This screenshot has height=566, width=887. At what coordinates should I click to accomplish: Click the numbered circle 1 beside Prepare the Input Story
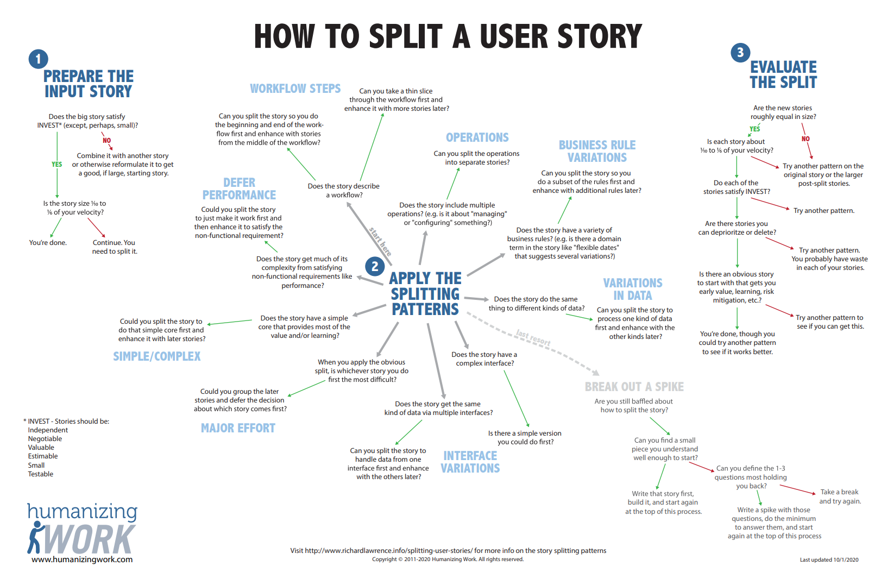coord(38,59)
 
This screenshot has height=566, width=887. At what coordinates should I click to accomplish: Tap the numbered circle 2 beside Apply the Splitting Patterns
coord(375,266)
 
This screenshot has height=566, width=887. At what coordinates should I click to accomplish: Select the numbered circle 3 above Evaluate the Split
coord(740,53)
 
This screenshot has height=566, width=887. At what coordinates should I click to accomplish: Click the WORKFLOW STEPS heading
coord(295,89)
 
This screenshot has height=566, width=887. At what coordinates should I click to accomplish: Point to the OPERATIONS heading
coord(477,137)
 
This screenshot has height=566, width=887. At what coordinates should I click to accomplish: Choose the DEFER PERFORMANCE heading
coord(239,188)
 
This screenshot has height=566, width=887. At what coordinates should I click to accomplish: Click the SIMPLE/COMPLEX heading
coord(156,356)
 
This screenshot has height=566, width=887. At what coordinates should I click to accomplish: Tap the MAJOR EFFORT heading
coord(238,428)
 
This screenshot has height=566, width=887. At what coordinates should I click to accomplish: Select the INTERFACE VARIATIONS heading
coord(470,462)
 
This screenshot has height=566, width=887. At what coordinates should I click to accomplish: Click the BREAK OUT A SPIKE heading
coord(634,387)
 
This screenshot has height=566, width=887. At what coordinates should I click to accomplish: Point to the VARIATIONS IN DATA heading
coord(633,289)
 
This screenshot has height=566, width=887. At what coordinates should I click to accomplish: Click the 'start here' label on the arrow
coord(380,242)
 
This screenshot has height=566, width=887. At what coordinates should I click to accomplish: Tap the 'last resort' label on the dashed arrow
coord(533,338)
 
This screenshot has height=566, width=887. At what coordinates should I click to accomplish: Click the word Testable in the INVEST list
coord(41,474)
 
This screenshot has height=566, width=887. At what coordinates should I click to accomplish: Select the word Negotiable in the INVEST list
coord(45,439)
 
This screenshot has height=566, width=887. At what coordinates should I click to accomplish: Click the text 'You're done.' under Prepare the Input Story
coord(48,243)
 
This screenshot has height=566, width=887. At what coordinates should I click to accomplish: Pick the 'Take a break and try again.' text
coord(840,496)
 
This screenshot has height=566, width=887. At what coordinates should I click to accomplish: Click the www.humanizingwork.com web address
coord(82,559)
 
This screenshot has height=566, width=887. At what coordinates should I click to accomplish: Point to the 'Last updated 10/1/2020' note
coord(829,559)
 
